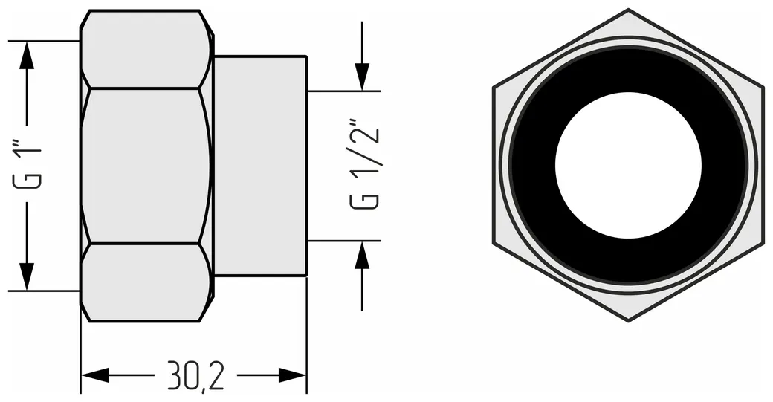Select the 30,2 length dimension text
[195, 375]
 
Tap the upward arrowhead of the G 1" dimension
[27, 55]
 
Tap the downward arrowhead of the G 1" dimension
[27, 277]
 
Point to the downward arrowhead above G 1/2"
[362, 77]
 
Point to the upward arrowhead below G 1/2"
[362, 255]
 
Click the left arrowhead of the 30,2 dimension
[94, 375]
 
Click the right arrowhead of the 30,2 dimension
[292, 375]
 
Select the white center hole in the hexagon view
[628, 165]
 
